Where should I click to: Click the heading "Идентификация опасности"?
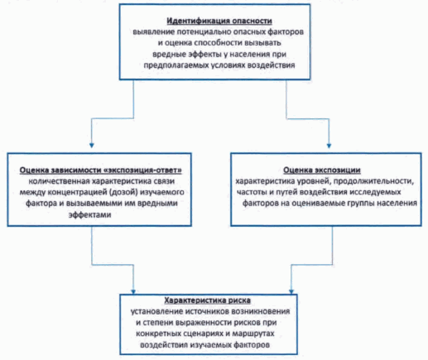[219, 21]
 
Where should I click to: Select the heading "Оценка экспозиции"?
[322, 170]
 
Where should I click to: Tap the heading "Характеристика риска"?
[208, 300]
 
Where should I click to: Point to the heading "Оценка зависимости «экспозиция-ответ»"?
[101, 170]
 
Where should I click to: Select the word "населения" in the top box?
[250, 54]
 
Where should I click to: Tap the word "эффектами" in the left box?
[89, 214]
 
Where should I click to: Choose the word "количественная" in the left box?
[60, 181]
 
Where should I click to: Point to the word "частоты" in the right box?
[252, 192]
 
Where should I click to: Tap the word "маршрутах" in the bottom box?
[253, 334]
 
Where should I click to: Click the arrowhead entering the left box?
[92, 146]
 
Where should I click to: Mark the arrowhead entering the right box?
[329, 146]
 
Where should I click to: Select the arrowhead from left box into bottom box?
[133, 291]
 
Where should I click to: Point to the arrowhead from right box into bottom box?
[291, 291]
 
